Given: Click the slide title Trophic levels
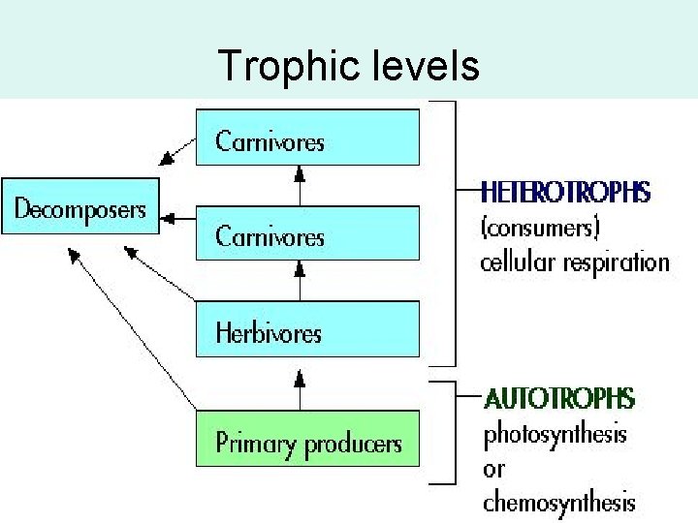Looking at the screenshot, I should [348, 66].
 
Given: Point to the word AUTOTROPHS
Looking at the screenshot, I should [559, 399].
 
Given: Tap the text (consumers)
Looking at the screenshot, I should [542, 229].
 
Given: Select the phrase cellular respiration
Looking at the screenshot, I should [575, 261].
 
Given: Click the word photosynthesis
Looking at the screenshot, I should [555, 434].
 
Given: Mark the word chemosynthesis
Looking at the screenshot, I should [559, 502].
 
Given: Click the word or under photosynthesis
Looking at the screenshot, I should [493, 469].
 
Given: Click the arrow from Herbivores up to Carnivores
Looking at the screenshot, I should [300, 280].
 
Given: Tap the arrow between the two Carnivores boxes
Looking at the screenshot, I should [300, 184].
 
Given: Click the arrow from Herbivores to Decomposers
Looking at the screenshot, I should [159, 272].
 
